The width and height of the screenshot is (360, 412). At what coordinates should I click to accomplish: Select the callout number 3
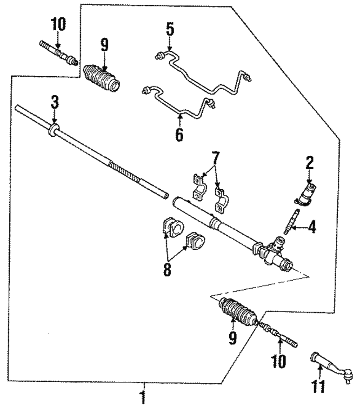[x=54, y=104]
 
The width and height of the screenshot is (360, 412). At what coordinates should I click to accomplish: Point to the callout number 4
[x=312, y=227]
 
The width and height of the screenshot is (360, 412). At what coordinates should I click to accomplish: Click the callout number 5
[x=170, y=30]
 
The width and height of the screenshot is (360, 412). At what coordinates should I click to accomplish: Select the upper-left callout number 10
[x=59, y=24]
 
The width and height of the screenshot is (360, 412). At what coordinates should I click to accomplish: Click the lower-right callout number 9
[x=233, y=338]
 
